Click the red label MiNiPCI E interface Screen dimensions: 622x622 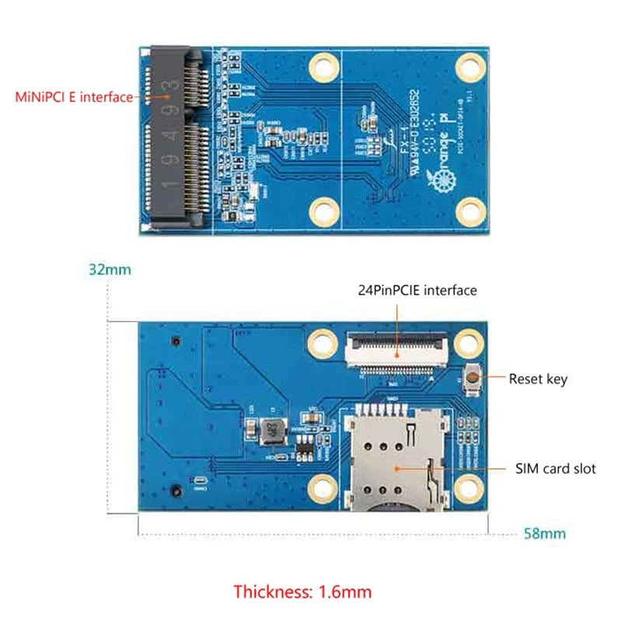(75, 98)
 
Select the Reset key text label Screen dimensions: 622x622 (537, 379)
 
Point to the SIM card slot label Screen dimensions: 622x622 (555, 469)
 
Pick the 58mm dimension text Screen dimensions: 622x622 (544, 533)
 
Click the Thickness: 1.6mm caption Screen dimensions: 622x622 (302, 592)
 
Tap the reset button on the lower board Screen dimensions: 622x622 (471, 379)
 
